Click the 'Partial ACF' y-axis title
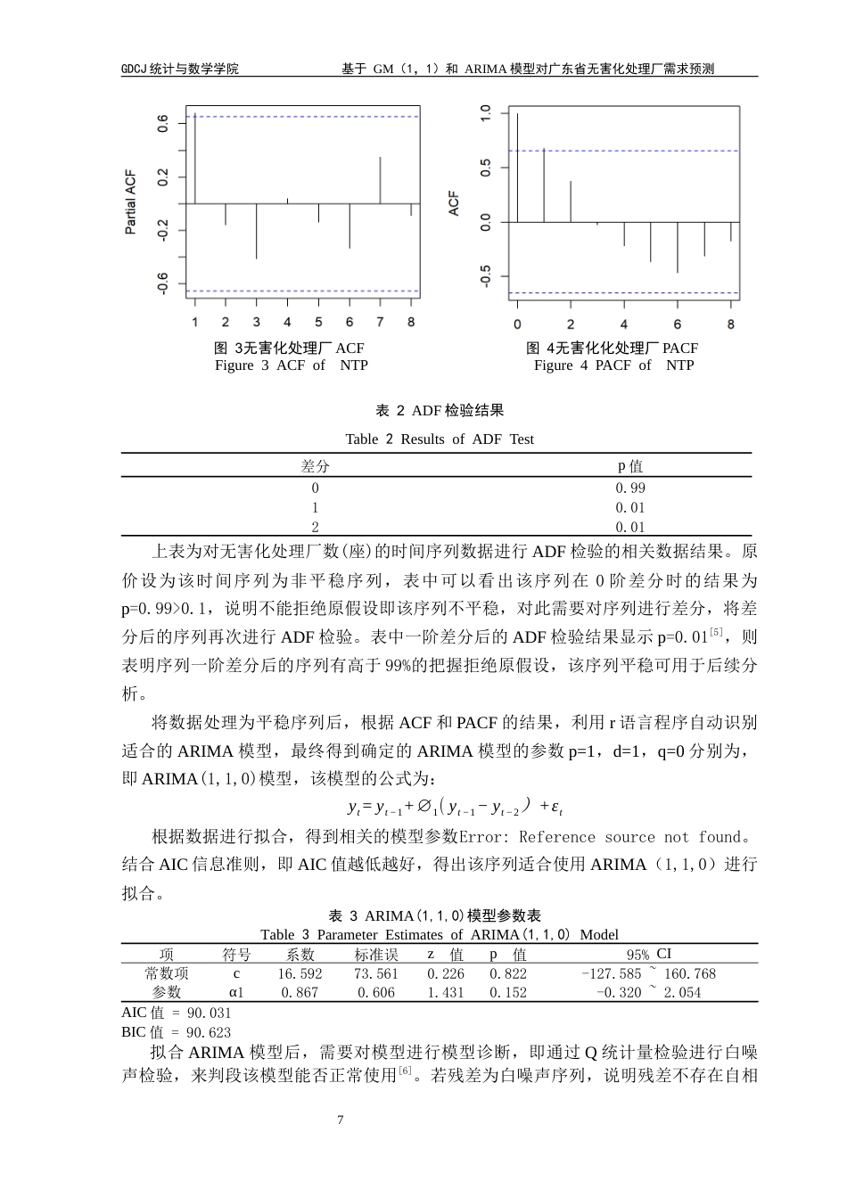click(x=131, y=201)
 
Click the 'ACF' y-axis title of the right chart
click(x=454, y=204)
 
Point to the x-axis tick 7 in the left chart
click(x=380, y=322)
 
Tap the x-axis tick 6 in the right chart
click(x=678, y=324)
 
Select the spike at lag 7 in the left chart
click(x=380, y=180)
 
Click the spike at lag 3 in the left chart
click(x=257, y=231)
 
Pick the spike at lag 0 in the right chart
click(x=517, y=168)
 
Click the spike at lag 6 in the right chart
click(x=678, y=247)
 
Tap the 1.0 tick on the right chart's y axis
click(x=486, y=113)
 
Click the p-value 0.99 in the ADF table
click(x=630, y=488)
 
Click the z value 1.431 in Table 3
click(x=446, y=992)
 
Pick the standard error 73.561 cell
click(x=375, y=973)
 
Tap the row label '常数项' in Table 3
click(x=167, y=973)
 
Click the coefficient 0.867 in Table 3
click(x=300, y=992)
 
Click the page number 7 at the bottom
click(x=341, y=1120)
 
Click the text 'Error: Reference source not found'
click(x=600, y=837)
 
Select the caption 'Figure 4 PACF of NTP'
click(x=613, y=365)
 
